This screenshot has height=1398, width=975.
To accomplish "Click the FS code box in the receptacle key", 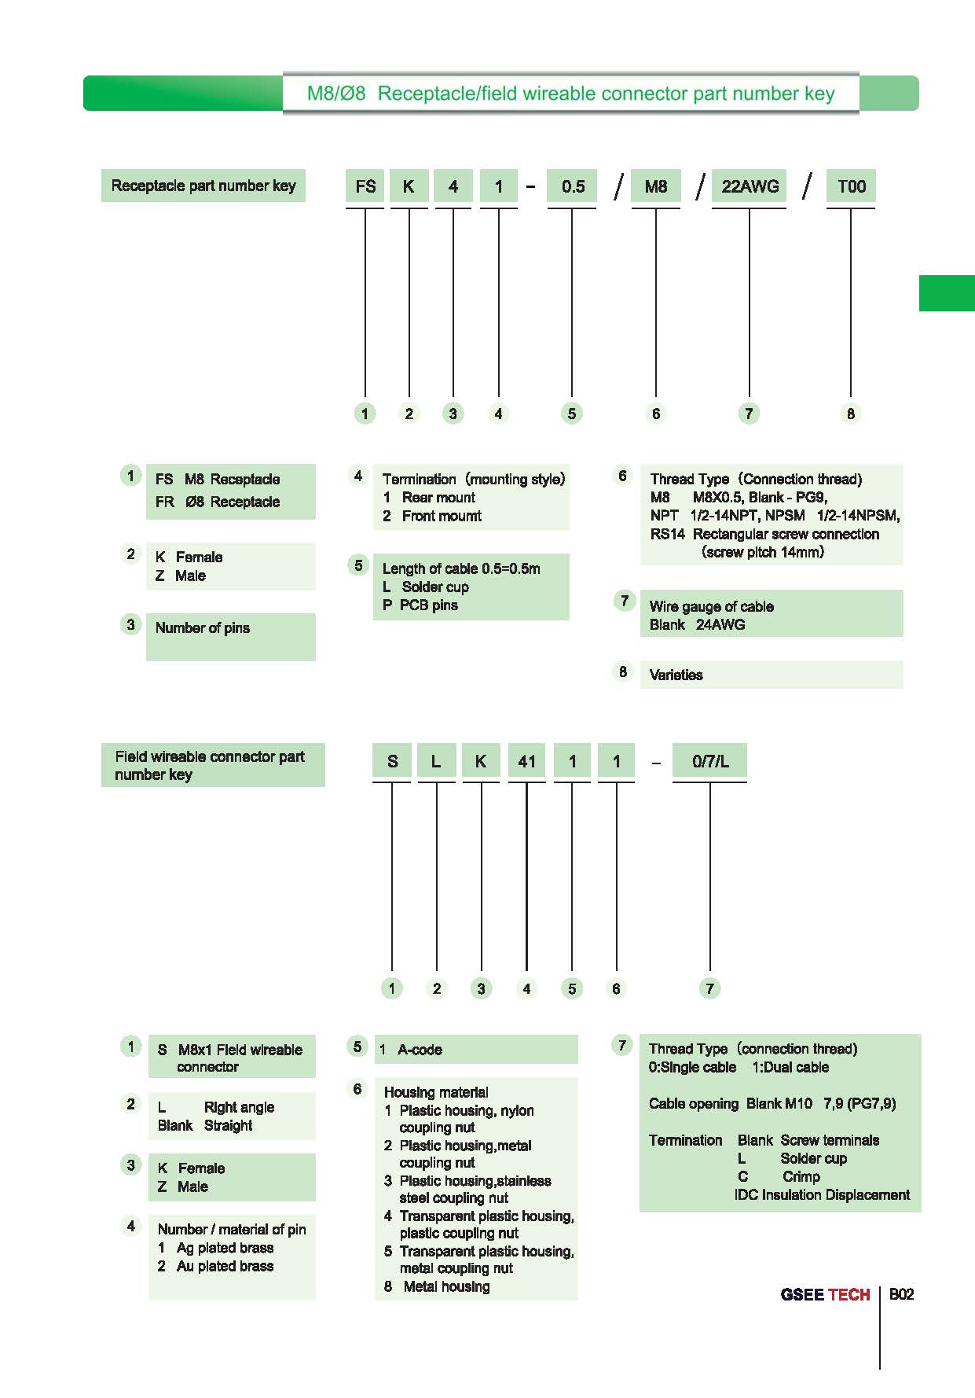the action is click(365, 186).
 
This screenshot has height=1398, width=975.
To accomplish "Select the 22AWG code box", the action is click(750, 186).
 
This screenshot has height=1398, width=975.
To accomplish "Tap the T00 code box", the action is click(851, 186).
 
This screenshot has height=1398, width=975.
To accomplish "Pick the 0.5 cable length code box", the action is click(572, 186).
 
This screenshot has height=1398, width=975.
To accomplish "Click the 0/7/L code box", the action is click(710, 761).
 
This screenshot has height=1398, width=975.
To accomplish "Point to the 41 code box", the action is click(526, 761).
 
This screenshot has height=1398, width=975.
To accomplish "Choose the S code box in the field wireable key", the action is click(392, 761).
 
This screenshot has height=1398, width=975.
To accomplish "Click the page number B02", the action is click(901, 1294).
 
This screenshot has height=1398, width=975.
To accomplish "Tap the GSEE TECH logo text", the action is click(825, 1295).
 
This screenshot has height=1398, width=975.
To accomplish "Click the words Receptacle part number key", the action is click(203, 186).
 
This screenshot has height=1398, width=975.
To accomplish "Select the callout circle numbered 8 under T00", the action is click(851, 414).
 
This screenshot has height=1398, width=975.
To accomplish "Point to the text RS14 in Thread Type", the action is click(667, 534).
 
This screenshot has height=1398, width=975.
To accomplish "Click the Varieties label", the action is click(676, 675).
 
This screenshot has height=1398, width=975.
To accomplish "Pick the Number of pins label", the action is click(203, 627).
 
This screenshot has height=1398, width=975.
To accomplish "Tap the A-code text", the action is click(420, 1050).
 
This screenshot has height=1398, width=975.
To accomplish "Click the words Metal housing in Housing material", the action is click(446, 1286).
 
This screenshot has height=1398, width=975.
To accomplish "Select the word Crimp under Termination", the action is click(801, 1176).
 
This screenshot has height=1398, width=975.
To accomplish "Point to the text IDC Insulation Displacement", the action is click(822, 1195).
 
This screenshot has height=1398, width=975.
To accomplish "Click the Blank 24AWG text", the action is click(697, 625).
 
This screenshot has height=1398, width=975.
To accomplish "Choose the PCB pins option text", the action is click(420, 605).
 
